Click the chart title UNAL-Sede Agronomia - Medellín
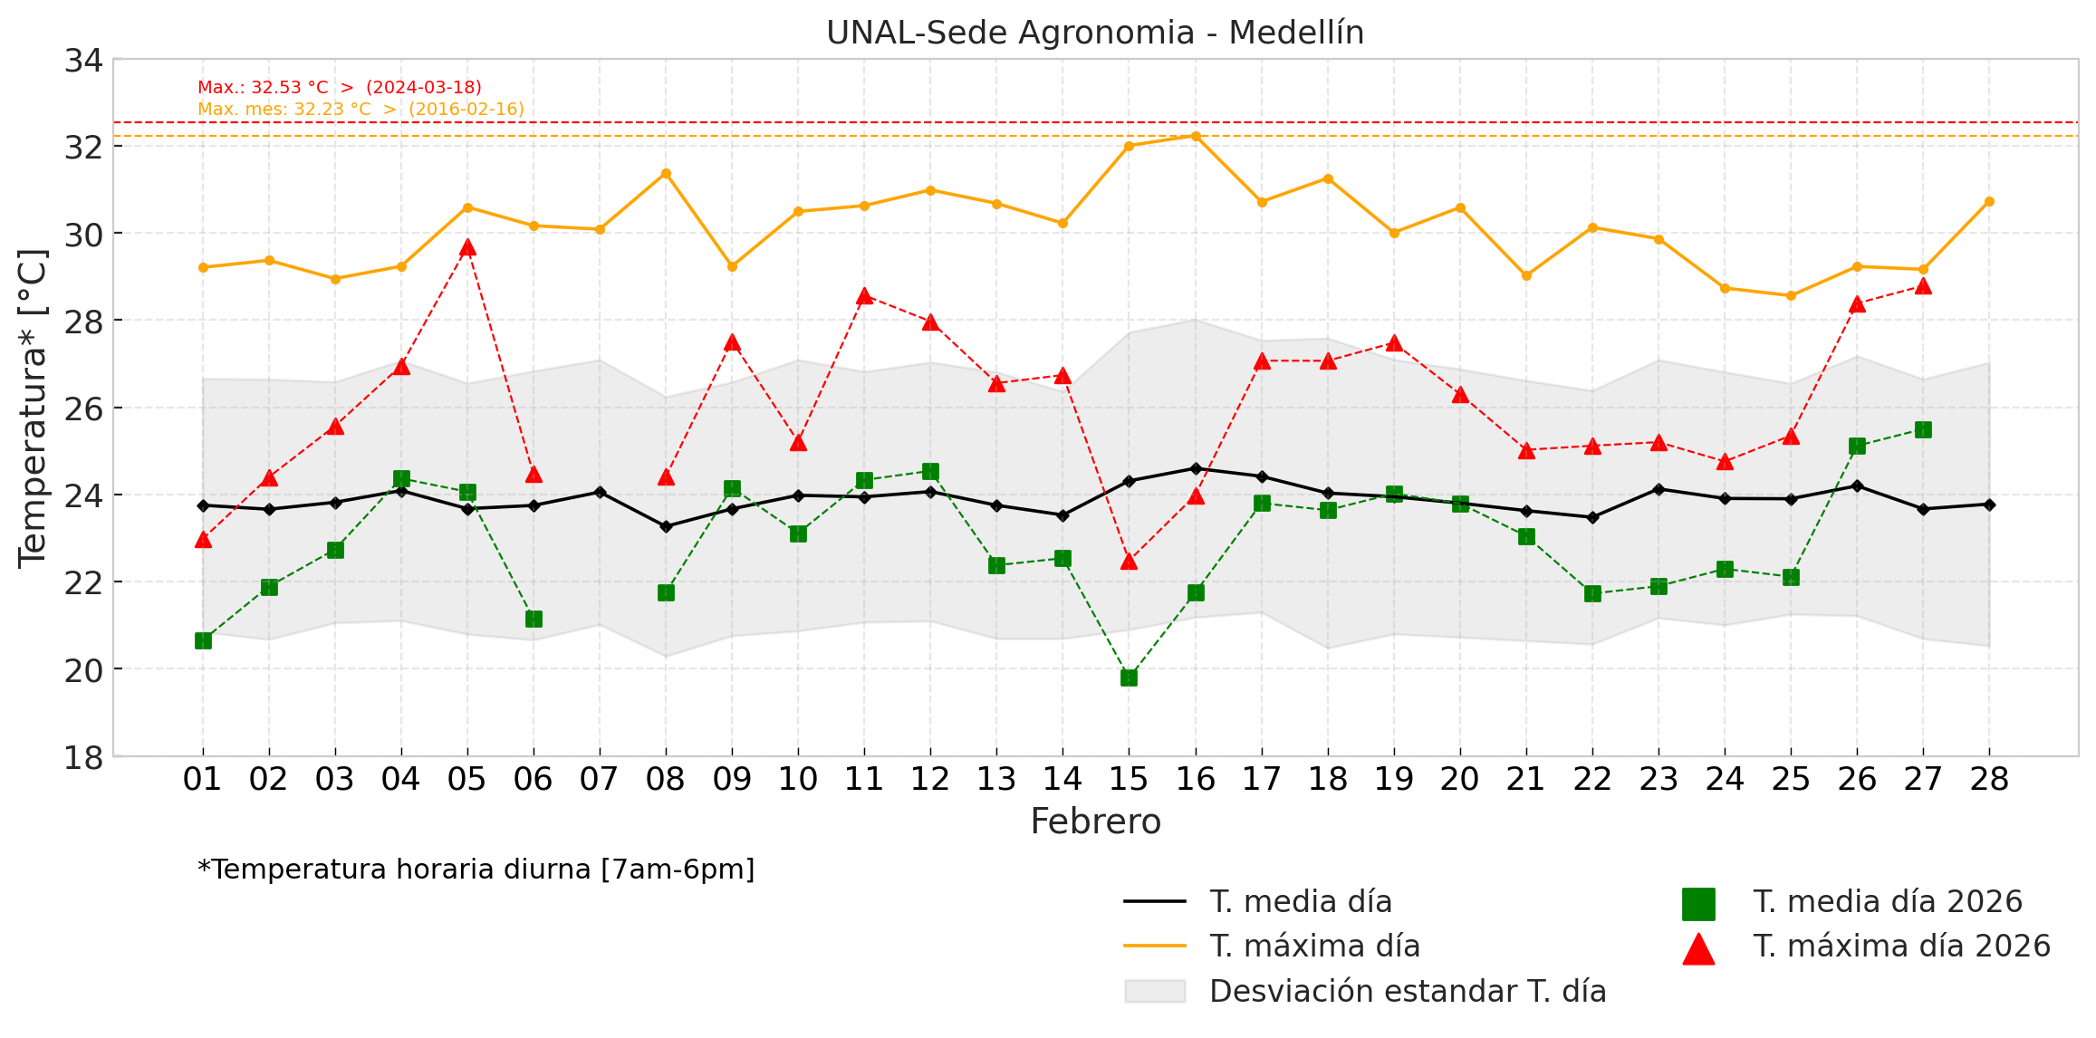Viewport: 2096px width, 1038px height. point(1094,33)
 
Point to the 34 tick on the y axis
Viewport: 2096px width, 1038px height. point(83,61)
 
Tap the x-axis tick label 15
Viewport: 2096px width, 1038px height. point(1129,779)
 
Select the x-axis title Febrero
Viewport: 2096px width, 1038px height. point(1095,822)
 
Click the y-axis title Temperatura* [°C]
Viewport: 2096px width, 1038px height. point(33,408)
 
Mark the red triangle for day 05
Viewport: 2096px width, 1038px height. point(467,248)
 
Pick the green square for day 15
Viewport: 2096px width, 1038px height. point(1129,678)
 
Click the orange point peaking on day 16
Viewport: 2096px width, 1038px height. point(1196,136)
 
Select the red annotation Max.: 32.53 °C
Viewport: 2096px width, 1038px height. point(340,88)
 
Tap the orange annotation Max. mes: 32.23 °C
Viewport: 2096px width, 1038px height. point(361,110)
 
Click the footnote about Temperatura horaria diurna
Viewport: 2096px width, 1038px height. point(476,870)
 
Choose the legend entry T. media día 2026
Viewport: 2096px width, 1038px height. point(1888,902)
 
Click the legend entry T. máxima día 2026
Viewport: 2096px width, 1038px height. point(1901,947)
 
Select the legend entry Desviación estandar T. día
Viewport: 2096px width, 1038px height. point(1408,992)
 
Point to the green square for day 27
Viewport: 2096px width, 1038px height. point(1923,429)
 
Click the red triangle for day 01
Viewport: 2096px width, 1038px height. point(203,540)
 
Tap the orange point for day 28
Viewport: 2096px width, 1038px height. point(1989,201)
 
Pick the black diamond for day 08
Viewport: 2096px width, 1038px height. point(666,526)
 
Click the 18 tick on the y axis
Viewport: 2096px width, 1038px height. point(83,757)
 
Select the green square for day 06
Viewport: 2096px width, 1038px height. point(534,619)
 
